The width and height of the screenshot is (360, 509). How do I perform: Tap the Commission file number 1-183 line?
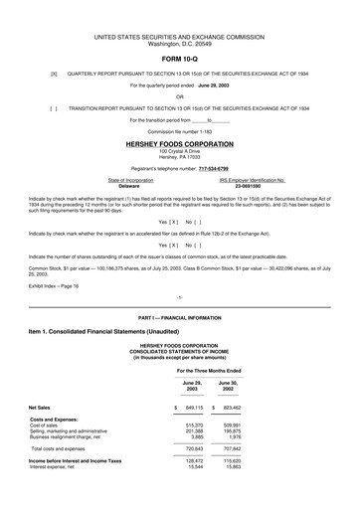pos(179,132)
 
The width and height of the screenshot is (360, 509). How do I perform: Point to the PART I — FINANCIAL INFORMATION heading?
pos(179,315)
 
